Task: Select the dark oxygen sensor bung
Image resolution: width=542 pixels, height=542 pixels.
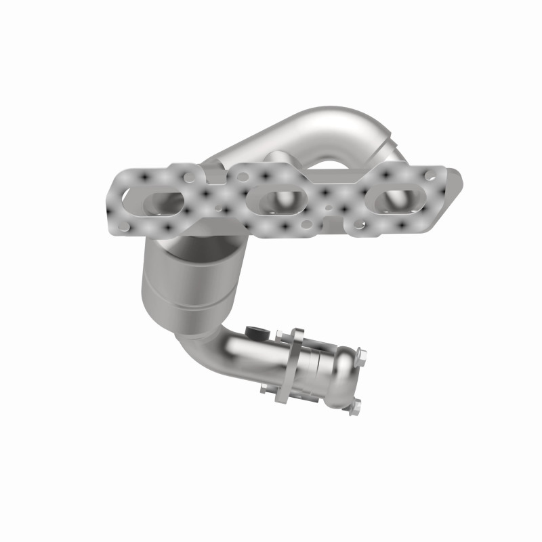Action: click(x=254, y=331)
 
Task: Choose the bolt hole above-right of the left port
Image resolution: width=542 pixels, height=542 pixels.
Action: click(x=190, y=178)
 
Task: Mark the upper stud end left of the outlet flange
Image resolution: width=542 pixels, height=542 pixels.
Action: click(x=279, y=333)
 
